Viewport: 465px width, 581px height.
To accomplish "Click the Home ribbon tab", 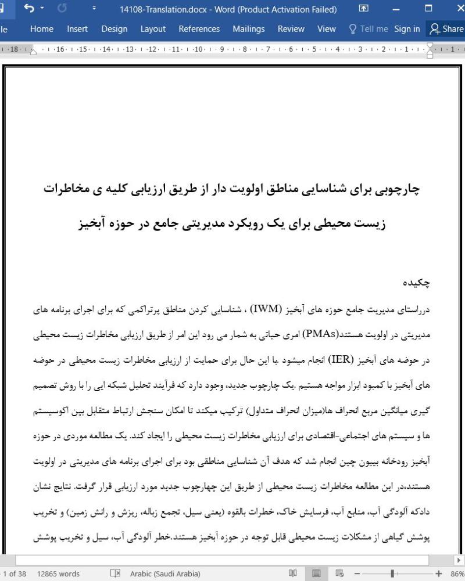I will tap(42, 28).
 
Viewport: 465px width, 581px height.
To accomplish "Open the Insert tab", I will tap(77, 28).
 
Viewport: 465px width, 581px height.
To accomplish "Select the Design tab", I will tap(114, 28).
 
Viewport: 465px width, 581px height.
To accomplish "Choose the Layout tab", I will tap(153, 28).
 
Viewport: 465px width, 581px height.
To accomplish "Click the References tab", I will tap(199, 28).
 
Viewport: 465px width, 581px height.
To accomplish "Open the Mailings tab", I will tap(248, 28).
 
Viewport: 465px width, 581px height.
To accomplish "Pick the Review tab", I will tap(291, 28).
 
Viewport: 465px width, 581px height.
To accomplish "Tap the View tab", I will tap(327, 28).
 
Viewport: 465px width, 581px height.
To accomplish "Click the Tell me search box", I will tap(368, 28).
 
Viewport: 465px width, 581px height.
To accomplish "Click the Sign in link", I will tap(407, 28).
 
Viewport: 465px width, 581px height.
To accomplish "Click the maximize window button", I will tap(429, 9).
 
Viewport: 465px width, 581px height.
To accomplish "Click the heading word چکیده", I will tap(418, 283).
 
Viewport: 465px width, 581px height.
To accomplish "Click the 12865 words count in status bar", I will tap(59, 573).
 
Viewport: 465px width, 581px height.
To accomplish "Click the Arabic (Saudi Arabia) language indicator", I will tap(166, 573).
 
